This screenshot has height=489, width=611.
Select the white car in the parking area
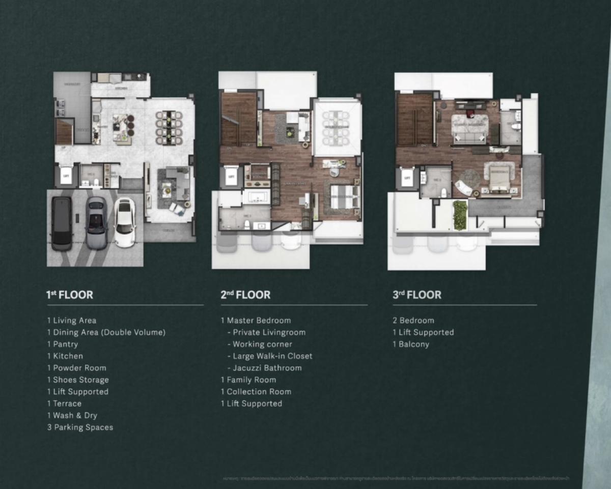125,222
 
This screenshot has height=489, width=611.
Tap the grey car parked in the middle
96,223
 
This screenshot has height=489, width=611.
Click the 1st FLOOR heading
70,295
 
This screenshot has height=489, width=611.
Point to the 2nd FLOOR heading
245,295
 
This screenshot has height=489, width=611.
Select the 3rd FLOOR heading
417,295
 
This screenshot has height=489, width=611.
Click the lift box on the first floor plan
65,176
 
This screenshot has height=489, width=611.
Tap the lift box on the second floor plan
231,177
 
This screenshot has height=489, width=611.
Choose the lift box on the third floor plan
407,178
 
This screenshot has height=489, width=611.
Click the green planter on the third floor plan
460,215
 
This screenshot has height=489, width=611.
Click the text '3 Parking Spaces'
80,427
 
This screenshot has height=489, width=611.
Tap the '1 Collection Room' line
256,392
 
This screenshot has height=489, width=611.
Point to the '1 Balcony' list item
410,344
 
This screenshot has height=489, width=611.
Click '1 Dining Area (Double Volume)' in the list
106,332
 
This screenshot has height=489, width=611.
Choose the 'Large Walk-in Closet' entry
269,356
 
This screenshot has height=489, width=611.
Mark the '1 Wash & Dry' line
72,415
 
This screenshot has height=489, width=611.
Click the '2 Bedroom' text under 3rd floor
413,321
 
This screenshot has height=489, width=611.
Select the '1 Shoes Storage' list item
77,380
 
